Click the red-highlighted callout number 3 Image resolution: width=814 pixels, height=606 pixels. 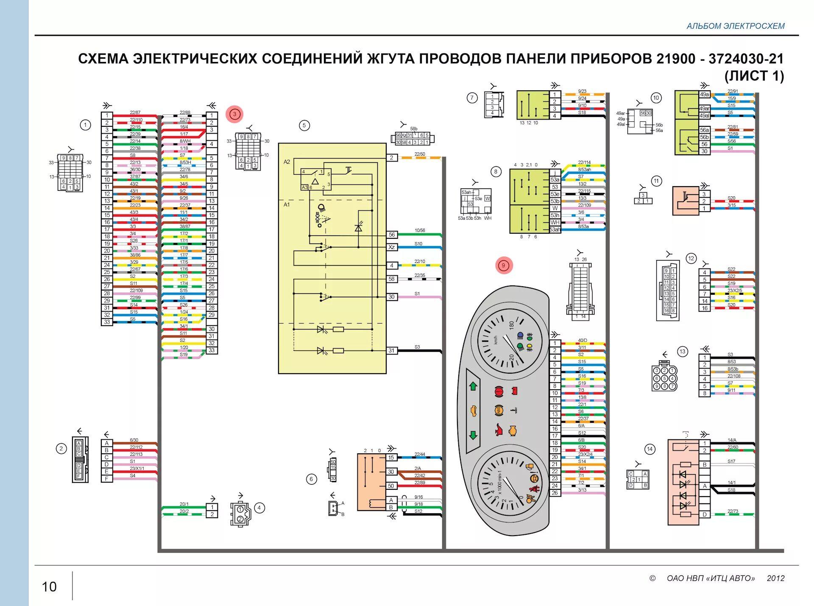[234, 114]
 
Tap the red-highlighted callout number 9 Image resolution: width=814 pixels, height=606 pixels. [504, 266]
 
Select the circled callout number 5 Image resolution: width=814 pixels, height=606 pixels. [304, 126]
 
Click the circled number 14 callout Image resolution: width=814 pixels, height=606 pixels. [650, 449]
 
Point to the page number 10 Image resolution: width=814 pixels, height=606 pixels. [49, 586]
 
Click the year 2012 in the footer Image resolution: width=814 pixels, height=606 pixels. [775, 578]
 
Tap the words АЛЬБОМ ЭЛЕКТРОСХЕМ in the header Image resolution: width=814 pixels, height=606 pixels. [735, 26]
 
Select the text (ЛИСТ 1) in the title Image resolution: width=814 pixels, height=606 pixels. [754, 76]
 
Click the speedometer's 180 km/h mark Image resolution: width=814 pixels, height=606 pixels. [512, 325]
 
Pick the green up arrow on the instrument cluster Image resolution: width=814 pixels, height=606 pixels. [473, 386]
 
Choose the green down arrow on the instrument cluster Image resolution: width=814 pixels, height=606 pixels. [473, 435]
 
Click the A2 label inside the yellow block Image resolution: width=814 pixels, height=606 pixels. [287, 162]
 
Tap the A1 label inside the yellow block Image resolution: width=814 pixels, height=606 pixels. [287, 205]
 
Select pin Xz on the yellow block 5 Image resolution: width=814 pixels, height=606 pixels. [392, 247]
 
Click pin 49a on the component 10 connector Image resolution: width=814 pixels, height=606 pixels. [704, 95]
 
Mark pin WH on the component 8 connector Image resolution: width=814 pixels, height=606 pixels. [555, 222]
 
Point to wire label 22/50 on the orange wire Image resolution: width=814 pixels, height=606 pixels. [420, 154]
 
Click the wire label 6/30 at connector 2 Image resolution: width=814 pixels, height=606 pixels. [134, 440]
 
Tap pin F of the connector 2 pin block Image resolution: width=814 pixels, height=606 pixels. [107, 479]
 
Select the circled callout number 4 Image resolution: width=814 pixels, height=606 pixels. [259, 508]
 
